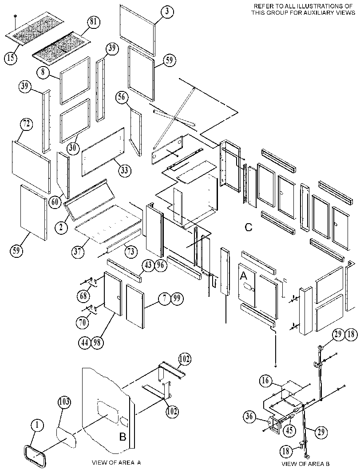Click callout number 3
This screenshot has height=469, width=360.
pyautogui.click(x=167, y=12)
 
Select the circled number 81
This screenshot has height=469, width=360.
pyautogui.click(x=94, y=23)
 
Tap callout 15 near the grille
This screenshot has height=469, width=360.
pyautogui.click(x=11, y=57)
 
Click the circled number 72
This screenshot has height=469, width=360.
pyautogui.click(x=26, y=124)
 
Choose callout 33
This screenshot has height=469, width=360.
pyautogui.click(x=124, y=170)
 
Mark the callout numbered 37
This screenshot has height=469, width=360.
pyautogui.click(x=78, y=252)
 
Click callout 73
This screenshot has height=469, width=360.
pyautogui.click(x=131, y=252)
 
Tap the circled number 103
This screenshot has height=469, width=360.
pyautogui.click(x=64, y=402)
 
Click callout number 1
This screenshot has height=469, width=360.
pyautogui.click(x=37, y=426)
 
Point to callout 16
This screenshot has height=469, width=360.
pyautogui.click(x=265, y=381)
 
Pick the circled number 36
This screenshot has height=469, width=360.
pyautogui.click(x=250, y=416)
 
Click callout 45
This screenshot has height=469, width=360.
pyautogui.click(x=289, y=430)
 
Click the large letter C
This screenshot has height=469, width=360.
pyautogui.click(x=249, y=228)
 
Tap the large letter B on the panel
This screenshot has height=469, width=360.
pyautogui.click(x=123, y=437)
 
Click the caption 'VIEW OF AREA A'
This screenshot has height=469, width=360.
pyautogui.click(x=116, y=462)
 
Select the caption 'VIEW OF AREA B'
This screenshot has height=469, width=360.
pyautogui.click(x=303, y=464)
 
